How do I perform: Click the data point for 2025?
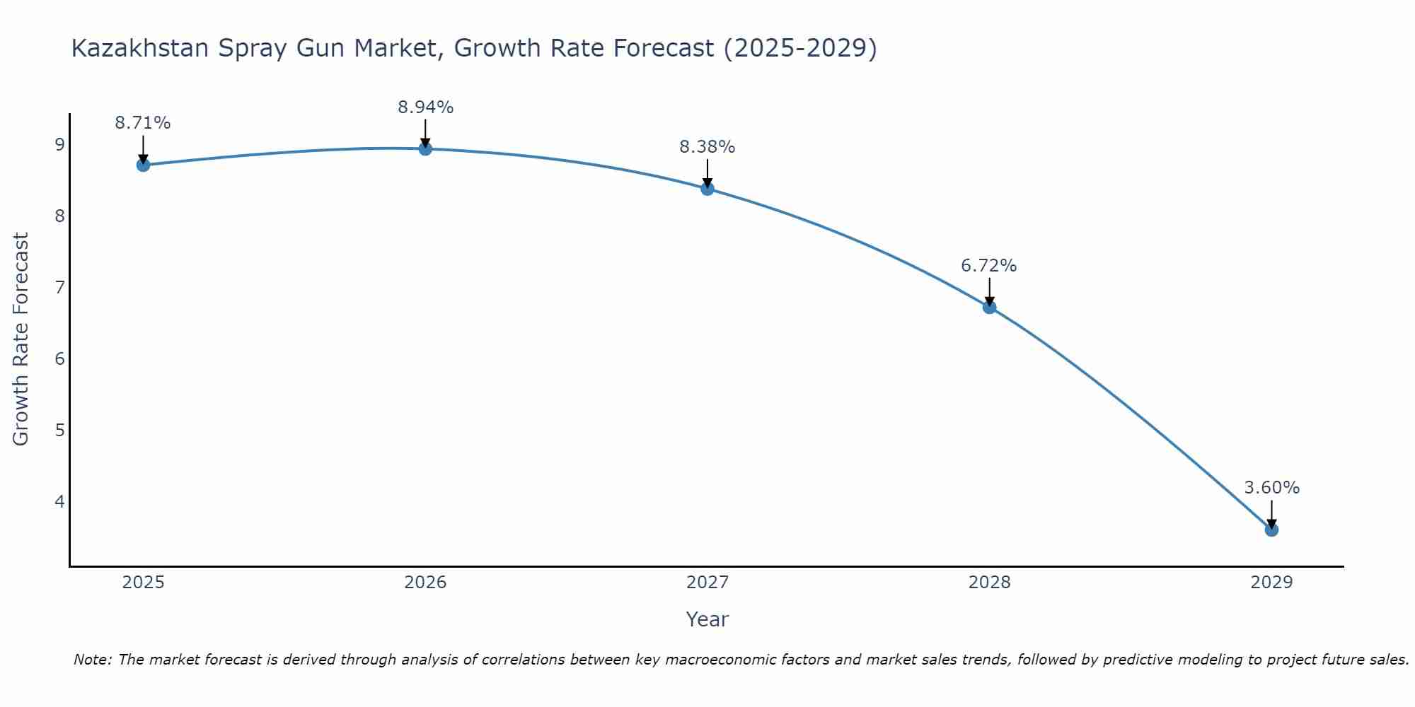pos(143,165)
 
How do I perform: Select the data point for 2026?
pos(425,148)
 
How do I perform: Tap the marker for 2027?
pos(707,189)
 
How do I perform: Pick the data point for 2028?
pos(989,307)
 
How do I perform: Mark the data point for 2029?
pos(1271,530)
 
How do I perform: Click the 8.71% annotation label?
pos(143,123)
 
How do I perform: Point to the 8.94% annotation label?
pos(425,107)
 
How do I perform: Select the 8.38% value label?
pos(707,147)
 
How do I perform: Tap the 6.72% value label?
pos(989,266)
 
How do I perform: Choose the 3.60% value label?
pos(1271,488)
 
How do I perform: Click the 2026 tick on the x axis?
pos(425,583)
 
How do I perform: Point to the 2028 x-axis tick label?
pos(989,583)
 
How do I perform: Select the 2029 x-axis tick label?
pos(1271,583)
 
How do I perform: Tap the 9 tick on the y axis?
pos(59,145)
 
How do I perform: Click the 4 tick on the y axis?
pos(59,502)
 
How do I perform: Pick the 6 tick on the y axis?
pos(59,359)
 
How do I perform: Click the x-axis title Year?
pos(707,619)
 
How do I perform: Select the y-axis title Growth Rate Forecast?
pos(21,339)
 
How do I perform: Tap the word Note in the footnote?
pos(92,660)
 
